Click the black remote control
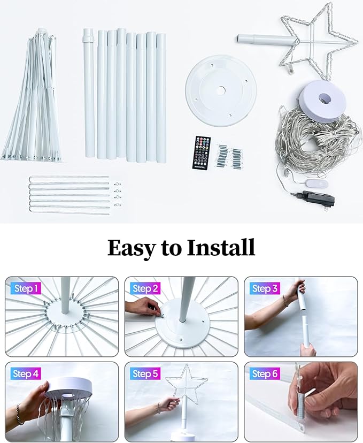coord(201,153)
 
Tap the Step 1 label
coord(26,288)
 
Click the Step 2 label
coord(145,288)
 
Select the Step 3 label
coord(265,288)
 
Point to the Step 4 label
coord(26,374)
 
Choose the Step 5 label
coord(145,374)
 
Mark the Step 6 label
coord(265,374)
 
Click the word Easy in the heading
coord(132,248)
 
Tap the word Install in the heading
coord(221,247)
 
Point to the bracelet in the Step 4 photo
coord(20,414)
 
